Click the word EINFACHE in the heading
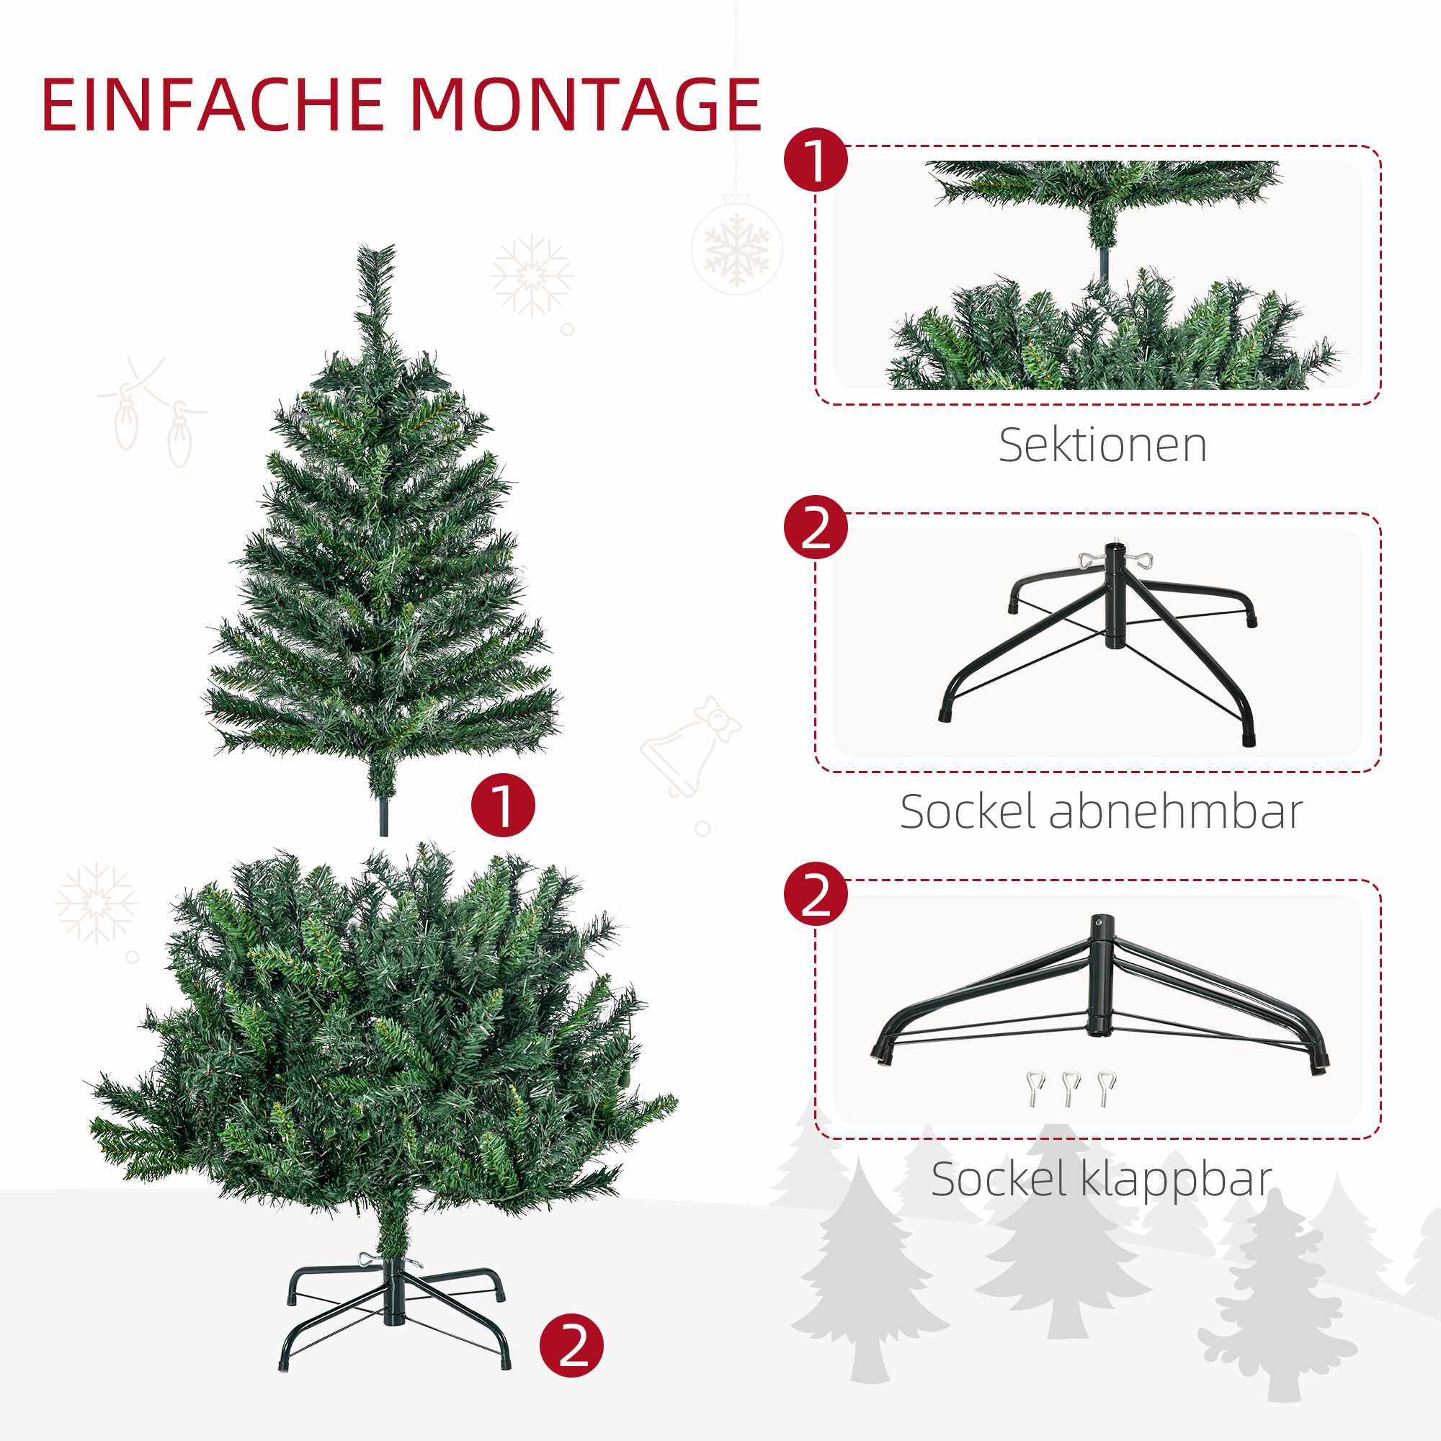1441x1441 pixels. click(x=213, y=105)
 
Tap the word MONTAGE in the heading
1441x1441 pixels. click(x=586, y=105)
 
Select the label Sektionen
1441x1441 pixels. click(x=1102, y=445)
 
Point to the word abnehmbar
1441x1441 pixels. click(x=1177, y=811)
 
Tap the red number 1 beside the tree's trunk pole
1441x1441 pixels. click(x=504, y=805)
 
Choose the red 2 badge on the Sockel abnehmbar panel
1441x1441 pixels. click(x=816, y=527)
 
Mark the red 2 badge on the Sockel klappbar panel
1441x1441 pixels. click(x=816, y=893)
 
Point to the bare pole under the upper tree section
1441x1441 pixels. click(x=383, y=817)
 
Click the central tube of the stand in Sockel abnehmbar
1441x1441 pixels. click(x=1115, y=595)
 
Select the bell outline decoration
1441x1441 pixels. click(x=691, y=746)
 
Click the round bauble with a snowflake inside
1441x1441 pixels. click(x=737, y=244)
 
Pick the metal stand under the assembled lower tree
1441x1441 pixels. click(x=394, y=1314)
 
